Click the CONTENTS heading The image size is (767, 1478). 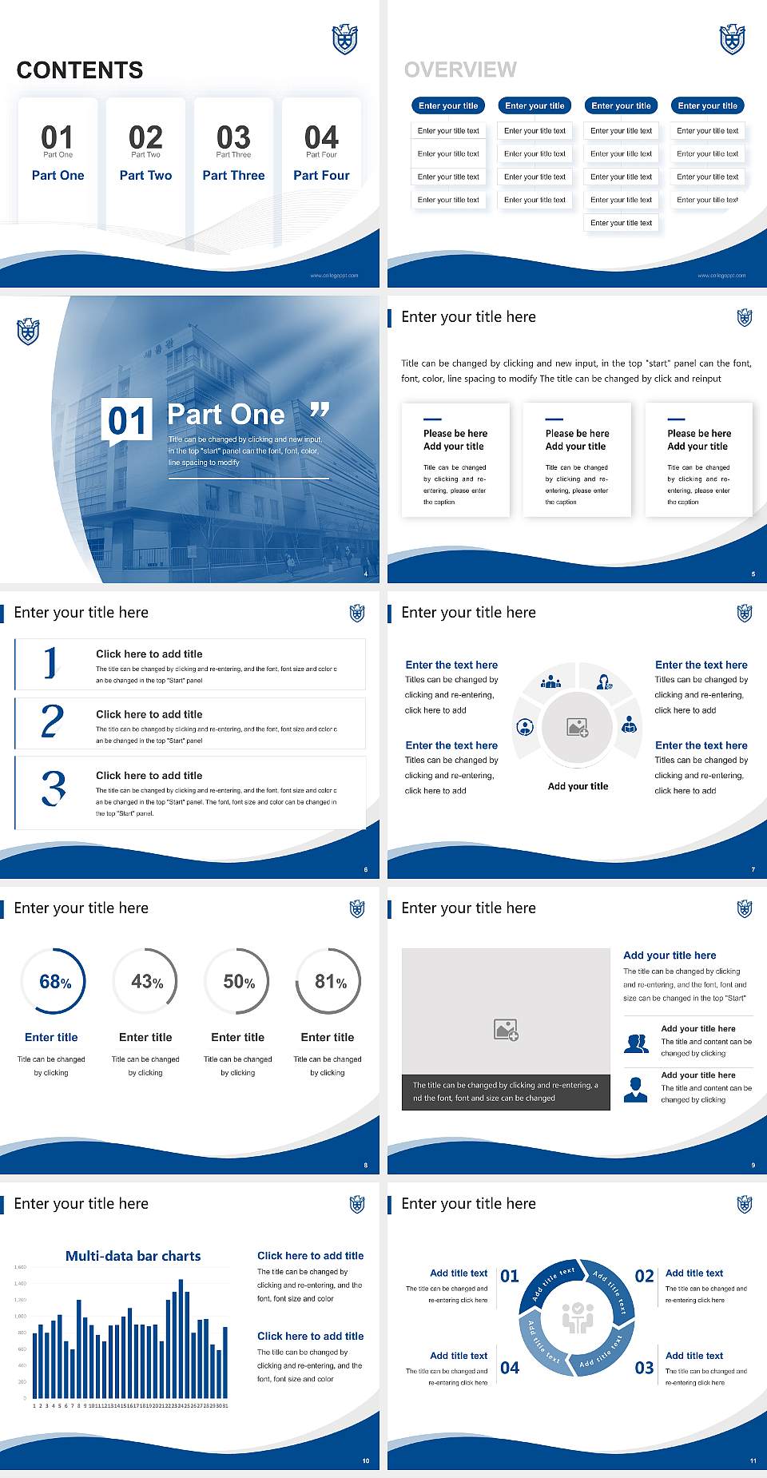point(80,70)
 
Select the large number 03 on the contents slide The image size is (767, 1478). point(233,137)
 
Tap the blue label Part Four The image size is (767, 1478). point(321,176)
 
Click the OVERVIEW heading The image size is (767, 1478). point(460,70)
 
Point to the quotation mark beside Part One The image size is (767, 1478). point(320,411)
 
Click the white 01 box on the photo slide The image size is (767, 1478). point(128,421)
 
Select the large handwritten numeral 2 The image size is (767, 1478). point(53,721)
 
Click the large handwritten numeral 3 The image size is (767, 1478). point(54,788)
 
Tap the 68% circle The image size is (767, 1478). point(54,982)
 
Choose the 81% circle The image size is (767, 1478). point(329,982)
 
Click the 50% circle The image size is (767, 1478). point(238,982)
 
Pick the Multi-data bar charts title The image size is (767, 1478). point(133,1256)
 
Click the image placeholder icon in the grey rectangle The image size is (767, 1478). point(506,1030)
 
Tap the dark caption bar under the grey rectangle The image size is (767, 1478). point(506,1092)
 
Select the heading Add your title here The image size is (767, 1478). point(670,956)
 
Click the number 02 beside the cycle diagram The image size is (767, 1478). point(644,1277)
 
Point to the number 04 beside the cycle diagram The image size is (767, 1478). point(510,1369)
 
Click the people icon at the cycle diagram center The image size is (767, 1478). point(577,1319)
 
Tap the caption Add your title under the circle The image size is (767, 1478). point(578,786)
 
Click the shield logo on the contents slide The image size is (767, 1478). point(344,39)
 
